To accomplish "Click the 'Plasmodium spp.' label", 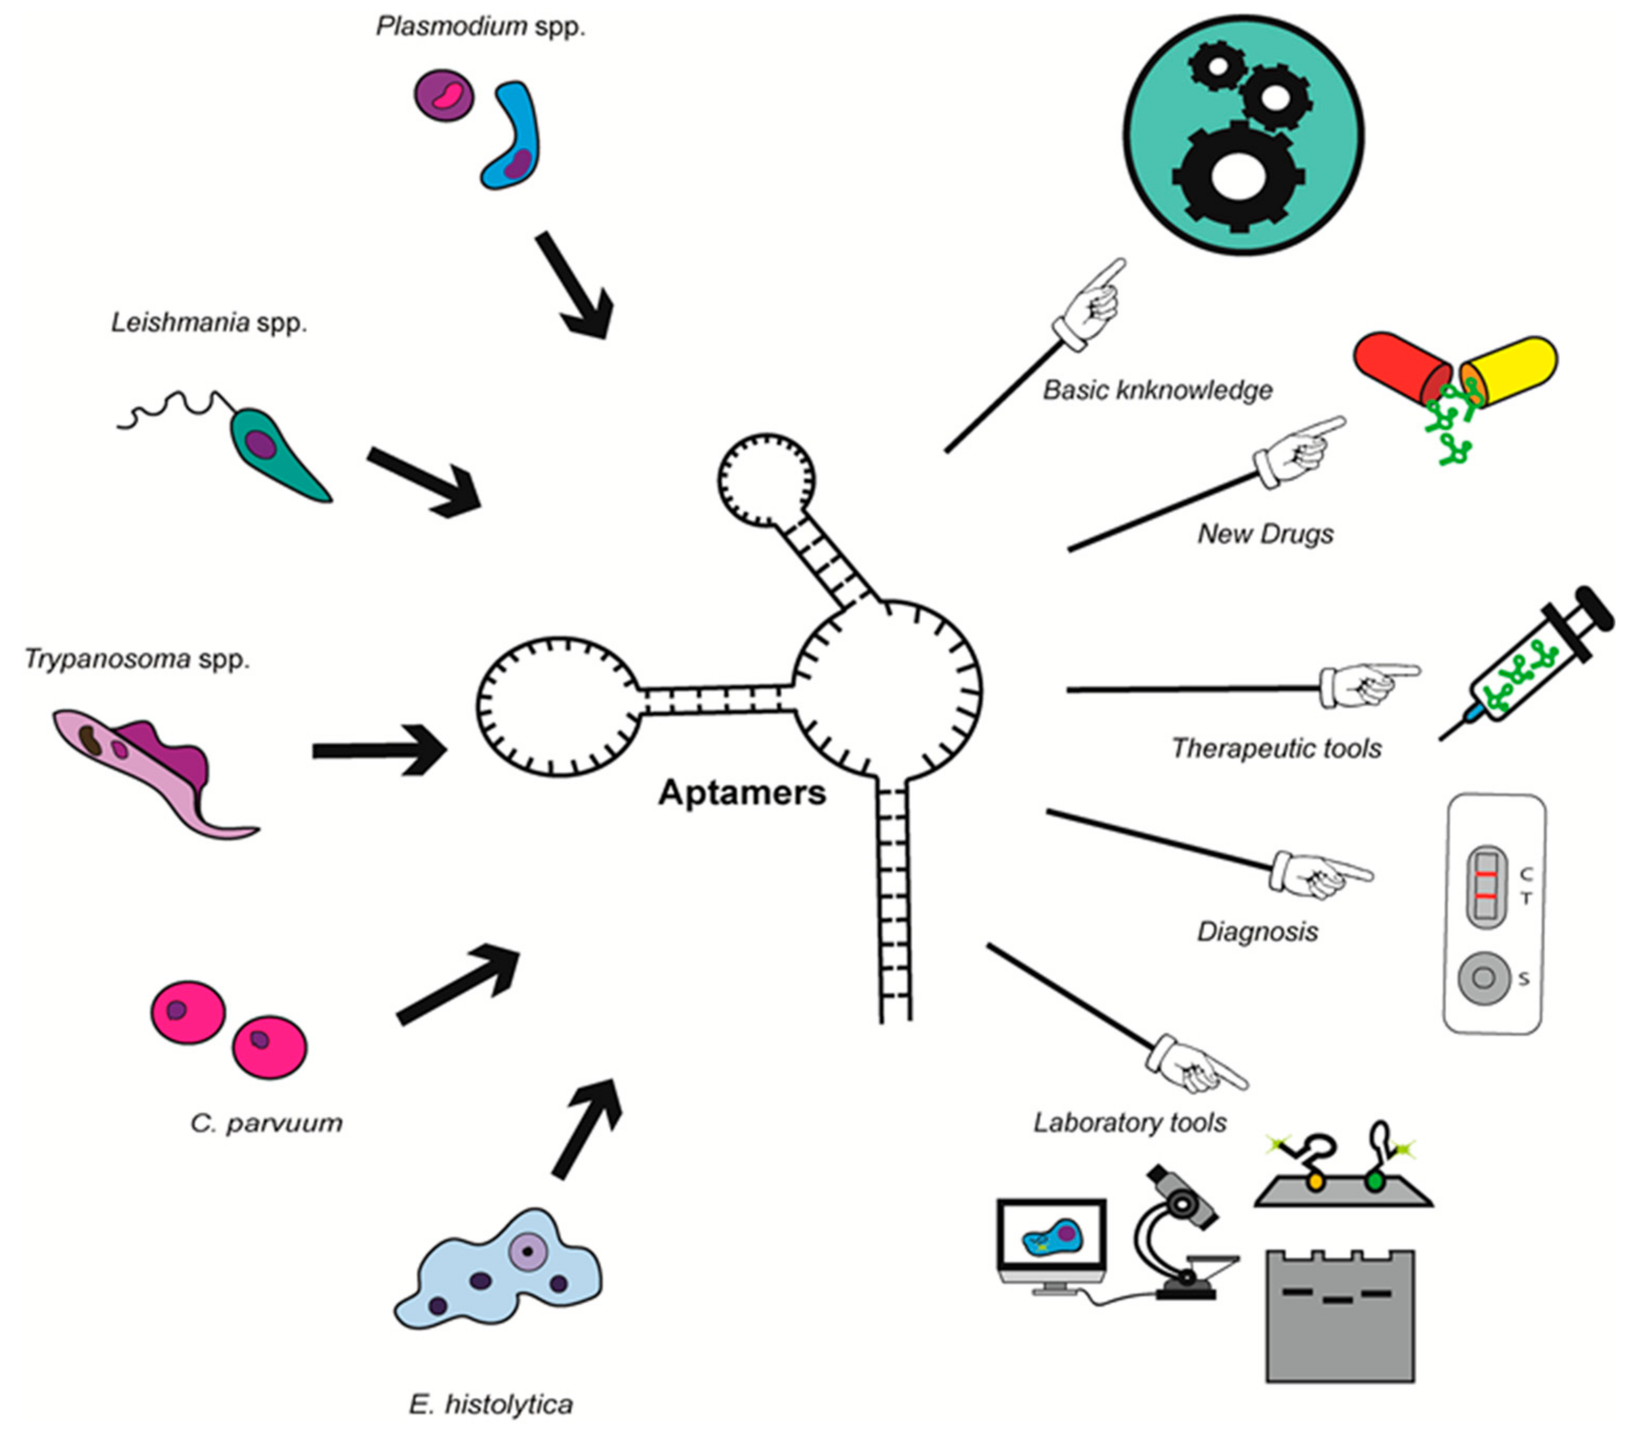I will [481, 26].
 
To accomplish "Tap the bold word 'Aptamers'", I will [742, 793].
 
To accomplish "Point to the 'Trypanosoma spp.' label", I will [137, 659].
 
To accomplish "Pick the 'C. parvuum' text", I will [266, 1123].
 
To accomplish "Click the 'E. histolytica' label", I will [491, 1404].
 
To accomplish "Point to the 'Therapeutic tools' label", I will [1276, 749].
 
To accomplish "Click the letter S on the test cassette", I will [1523, 979].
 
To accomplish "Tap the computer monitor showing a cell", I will [1052, 1241].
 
